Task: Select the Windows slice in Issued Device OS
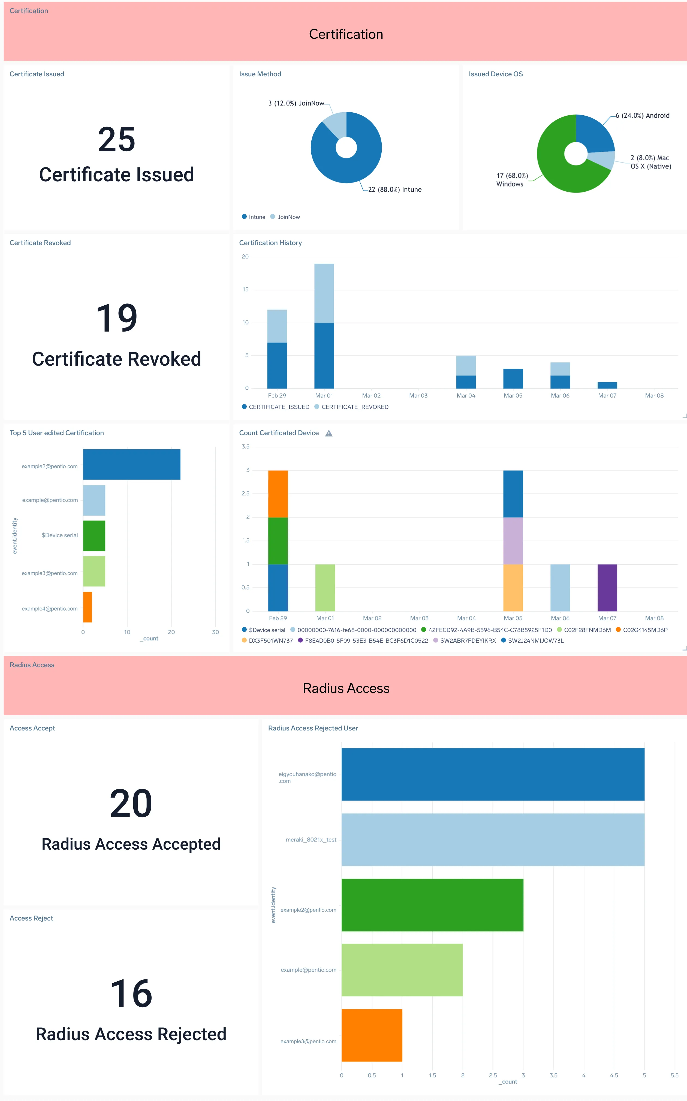pos(554,168)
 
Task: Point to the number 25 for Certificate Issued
pos(117,140)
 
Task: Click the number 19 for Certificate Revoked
pos(117,318)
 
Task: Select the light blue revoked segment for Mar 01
pos(324,293)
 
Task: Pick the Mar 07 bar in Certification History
pos(607,385)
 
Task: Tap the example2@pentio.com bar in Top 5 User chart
pos(131,464)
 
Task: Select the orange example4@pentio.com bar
pos(87,607)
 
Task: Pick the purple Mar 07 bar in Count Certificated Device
pos(607,588)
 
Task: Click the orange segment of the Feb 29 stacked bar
pos(278,494)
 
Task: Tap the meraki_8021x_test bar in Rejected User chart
pos(493,840)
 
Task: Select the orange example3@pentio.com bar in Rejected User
pos(372,1035)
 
